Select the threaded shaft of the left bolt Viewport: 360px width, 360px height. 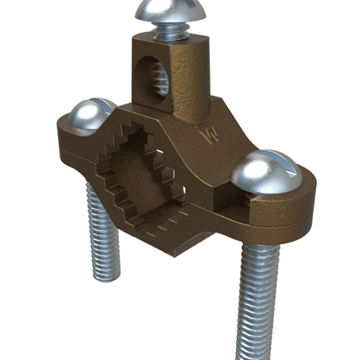101,236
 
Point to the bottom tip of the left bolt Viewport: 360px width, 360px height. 105,278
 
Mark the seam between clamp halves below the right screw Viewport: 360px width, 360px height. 281,223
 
